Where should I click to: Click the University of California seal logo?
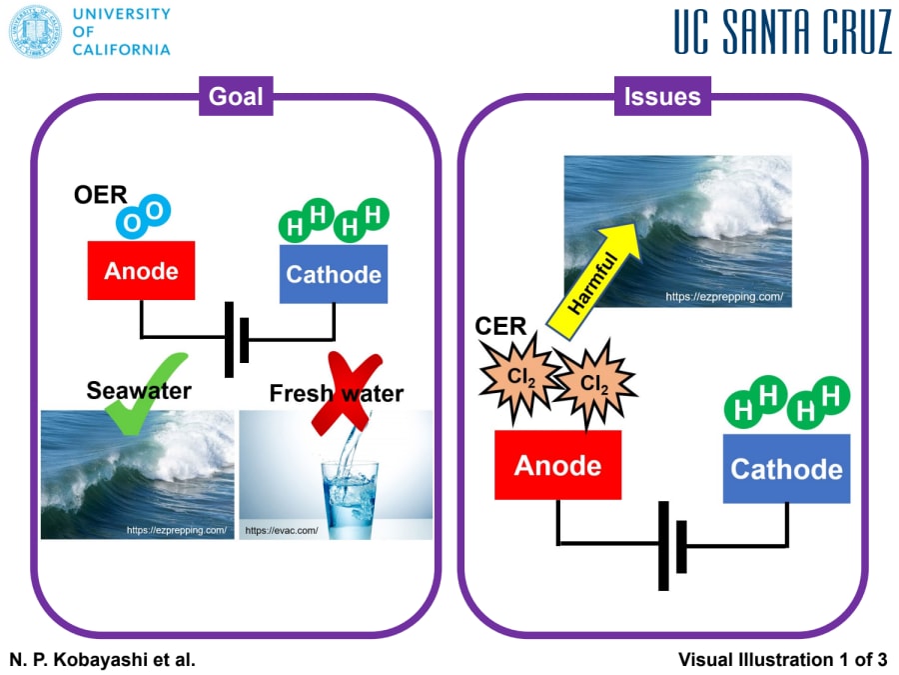point(35,31)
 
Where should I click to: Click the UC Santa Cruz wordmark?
point(782,33)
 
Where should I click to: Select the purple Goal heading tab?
point(236,96)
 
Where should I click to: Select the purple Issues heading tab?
point(662,97)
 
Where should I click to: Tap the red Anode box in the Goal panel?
point(141,271)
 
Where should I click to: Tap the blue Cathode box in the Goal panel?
point(334,274)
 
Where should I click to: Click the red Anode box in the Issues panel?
point(557,465)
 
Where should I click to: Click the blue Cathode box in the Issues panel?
point(786,468)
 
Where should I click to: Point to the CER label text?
point(500,327)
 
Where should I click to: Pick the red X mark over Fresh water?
point(340,392)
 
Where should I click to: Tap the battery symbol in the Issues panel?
point(672,545)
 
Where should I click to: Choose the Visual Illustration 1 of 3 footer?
point(782,659)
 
